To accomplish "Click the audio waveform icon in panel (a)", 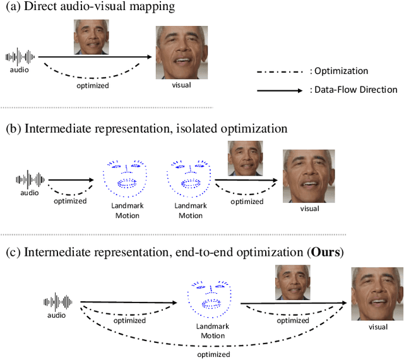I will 21,57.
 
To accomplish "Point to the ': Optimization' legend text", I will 339,71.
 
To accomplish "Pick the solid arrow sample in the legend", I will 282,90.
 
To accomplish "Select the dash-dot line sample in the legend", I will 282,71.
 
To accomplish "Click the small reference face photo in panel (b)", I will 245,158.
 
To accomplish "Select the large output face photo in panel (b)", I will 309,176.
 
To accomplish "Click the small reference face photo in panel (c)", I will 292,282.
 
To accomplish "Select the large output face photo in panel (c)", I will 377,294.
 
